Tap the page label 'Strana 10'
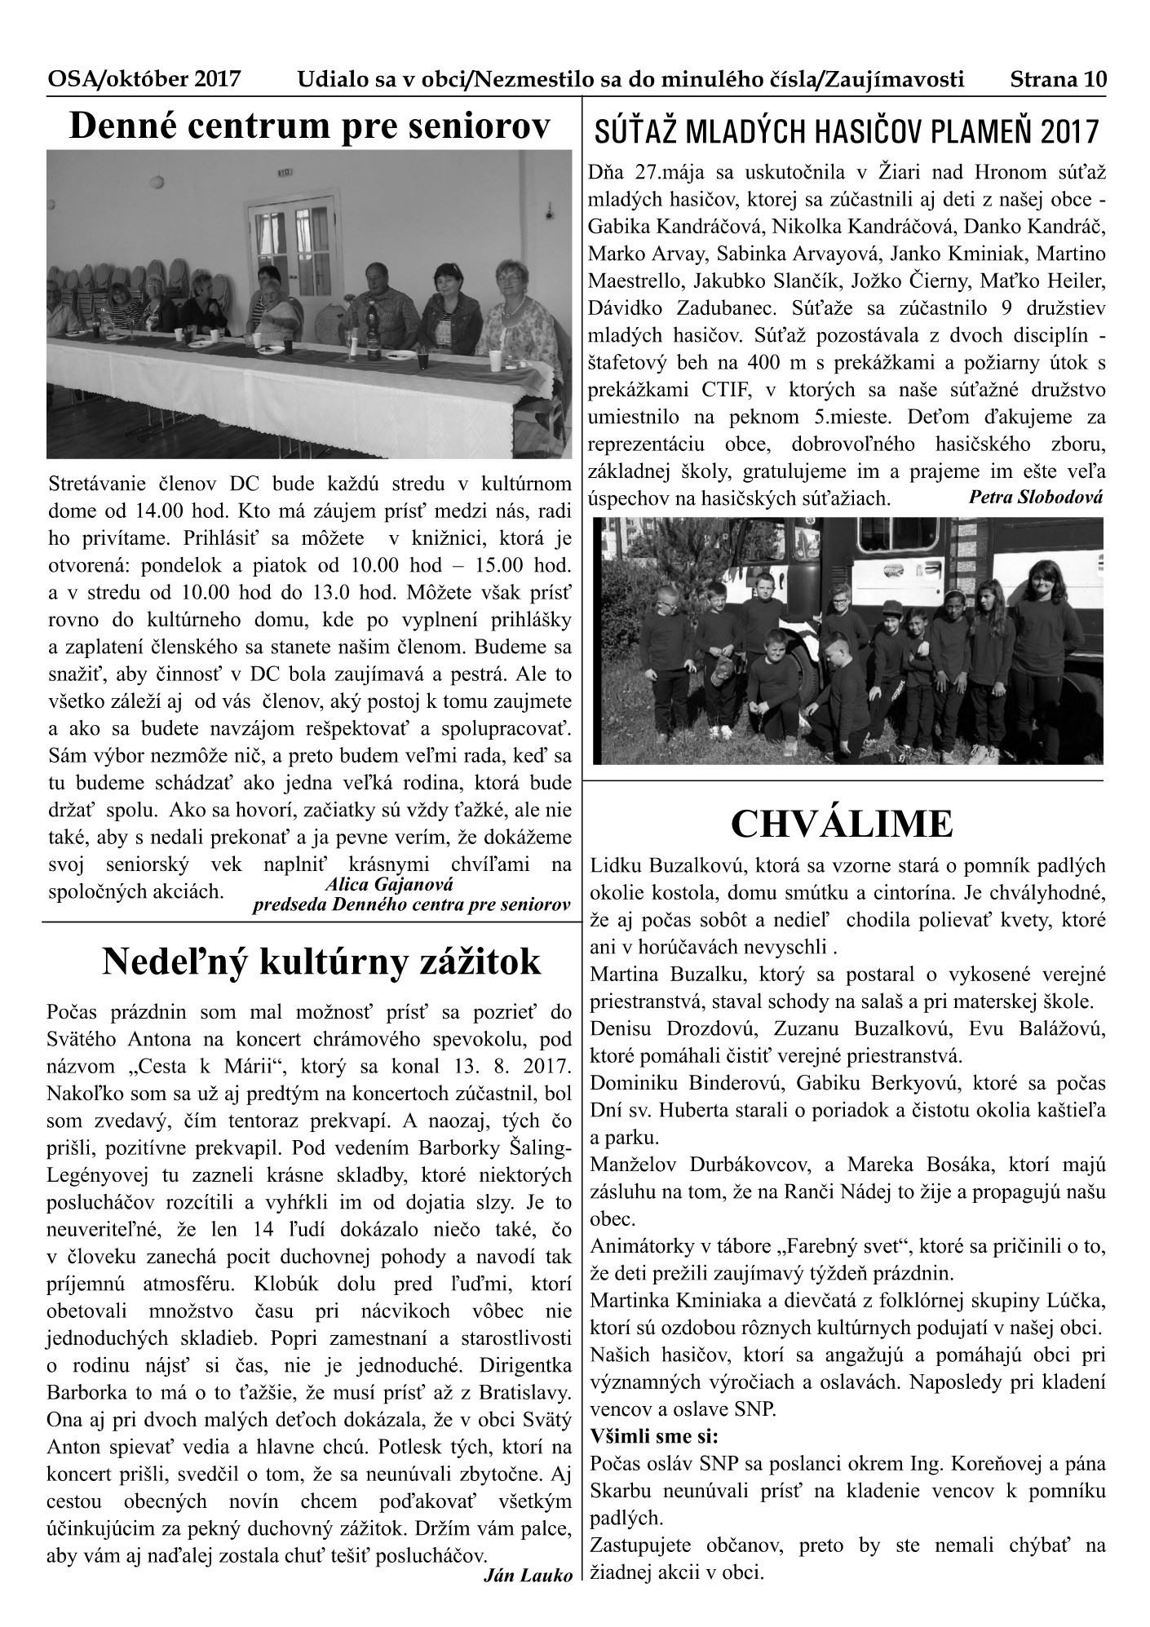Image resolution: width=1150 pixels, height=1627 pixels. pos(1058,80)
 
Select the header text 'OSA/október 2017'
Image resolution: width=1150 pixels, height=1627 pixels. pos(144,80)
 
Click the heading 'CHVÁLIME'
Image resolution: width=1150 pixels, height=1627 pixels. pos(842,825)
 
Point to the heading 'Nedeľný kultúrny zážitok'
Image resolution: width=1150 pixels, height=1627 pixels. pos(321,962)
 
